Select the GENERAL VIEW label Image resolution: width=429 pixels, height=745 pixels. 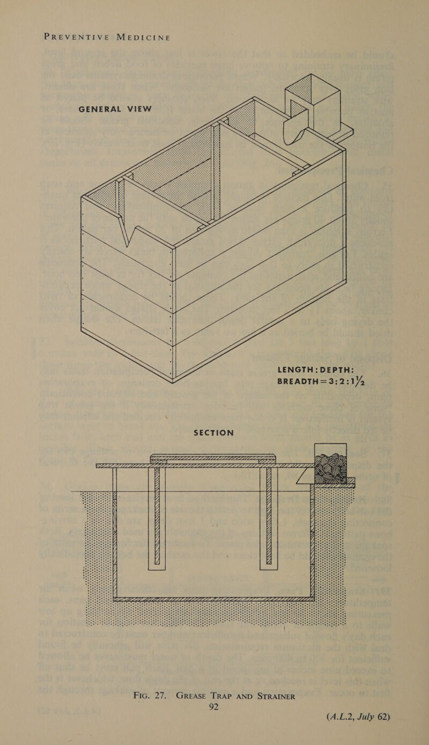click(116, 109)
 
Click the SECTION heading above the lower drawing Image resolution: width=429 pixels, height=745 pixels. click(214, 433)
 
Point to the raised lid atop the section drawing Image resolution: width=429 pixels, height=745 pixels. click(213, 459)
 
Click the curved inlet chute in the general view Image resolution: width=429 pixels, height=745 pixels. click(294, 127)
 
